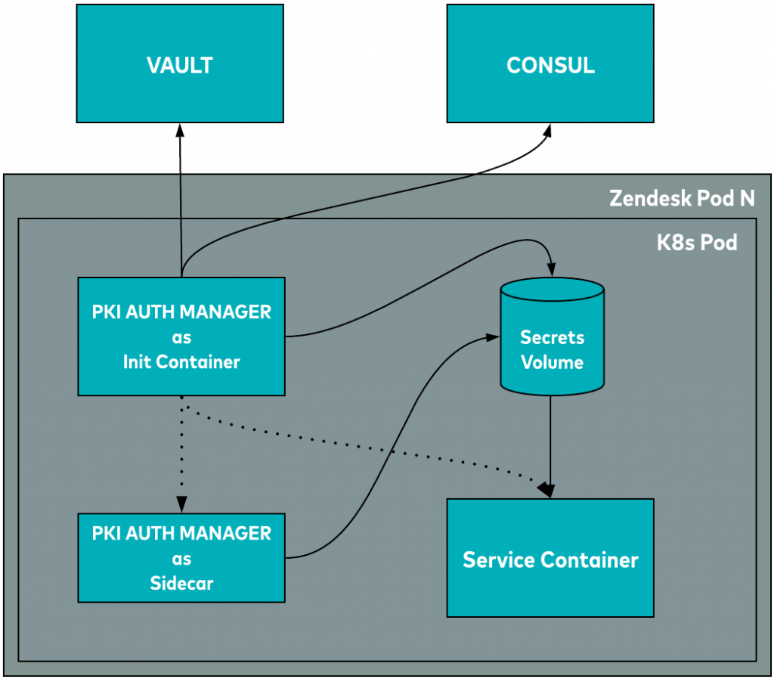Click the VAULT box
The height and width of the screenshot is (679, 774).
point(180,64)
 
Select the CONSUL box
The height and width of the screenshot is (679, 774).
point(550,64)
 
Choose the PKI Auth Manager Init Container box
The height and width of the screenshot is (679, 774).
point(181,336)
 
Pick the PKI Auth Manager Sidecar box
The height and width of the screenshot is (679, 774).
point(181,558)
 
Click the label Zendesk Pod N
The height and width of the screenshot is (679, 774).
point(682,199)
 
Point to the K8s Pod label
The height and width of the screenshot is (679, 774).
point(696,243)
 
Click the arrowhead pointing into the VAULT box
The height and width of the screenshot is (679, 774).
point(180,130)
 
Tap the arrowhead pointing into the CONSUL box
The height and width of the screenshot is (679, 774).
point(546,131)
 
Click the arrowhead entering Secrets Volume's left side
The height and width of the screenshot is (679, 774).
point(491,338)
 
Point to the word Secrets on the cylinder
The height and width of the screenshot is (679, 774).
point(552,337)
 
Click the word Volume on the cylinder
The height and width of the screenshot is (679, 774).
point(552,363)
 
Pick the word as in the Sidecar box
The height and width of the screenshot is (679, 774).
point(181,560)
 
